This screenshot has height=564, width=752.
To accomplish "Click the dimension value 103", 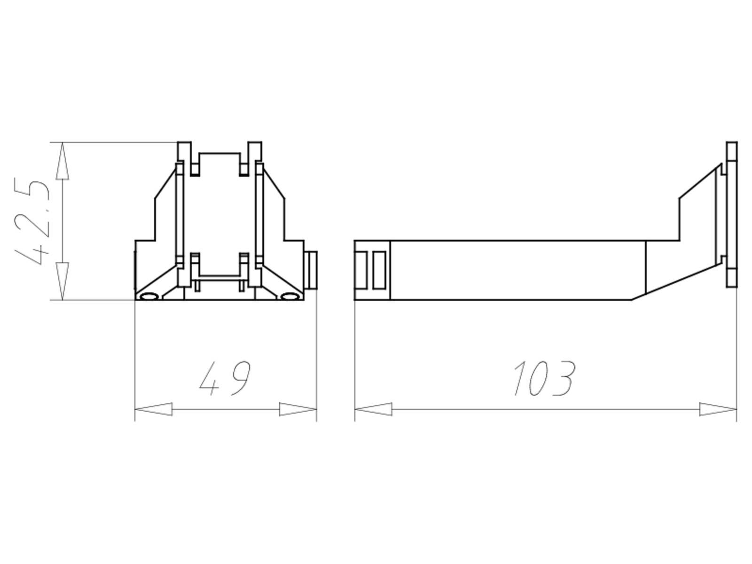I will (544, 378).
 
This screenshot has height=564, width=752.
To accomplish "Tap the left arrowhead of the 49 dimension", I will (153, 409).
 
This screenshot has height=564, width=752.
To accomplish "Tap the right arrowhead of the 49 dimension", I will (298, 409).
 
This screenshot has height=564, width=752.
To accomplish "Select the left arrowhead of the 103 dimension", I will (373, 409).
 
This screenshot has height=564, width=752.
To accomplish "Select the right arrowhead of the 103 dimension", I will (718, 409).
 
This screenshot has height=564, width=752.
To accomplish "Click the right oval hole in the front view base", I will (290, 297).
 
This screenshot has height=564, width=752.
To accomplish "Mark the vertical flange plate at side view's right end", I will (731, 214).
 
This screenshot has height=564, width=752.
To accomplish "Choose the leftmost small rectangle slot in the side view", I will (361, 270).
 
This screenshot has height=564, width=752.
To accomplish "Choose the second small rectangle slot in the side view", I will (379, 270).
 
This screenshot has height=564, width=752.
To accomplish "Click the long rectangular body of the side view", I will (517, 270).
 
